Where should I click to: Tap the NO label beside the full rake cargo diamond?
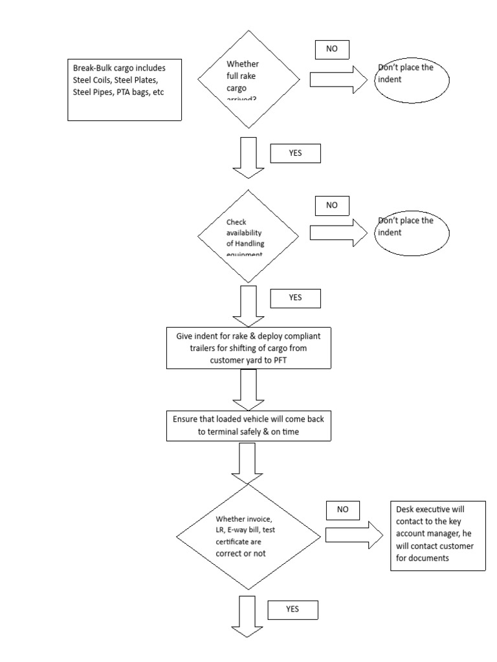(332, 50)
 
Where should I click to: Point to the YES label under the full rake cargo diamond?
(294, 153)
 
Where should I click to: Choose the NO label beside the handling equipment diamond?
(332, 205)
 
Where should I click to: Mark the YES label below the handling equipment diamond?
(294, 298)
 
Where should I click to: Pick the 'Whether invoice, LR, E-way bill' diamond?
(249, 537)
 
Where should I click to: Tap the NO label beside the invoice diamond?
(342, 509)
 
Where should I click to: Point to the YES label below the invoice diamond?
(292, 609)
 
